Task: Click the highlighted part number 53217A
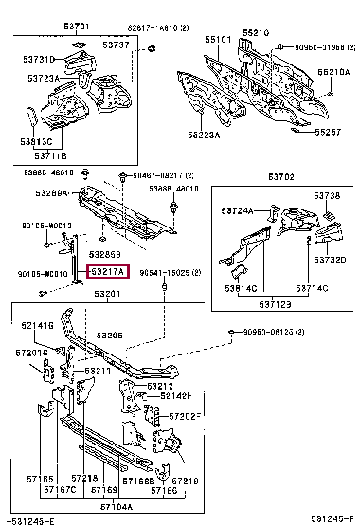coord(110,272)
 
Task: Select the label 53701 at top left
coord(77,27)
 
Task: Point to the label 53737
coord(117,45)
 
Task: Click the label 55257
coord(328,132)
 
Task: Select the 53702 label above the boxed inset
coord(280,176)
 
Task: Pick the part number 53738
coord(327,195)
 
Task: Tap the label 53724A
coord(238,209)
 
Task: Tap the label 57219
coord(186,482)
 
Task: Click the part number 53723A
coord(44,78)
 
